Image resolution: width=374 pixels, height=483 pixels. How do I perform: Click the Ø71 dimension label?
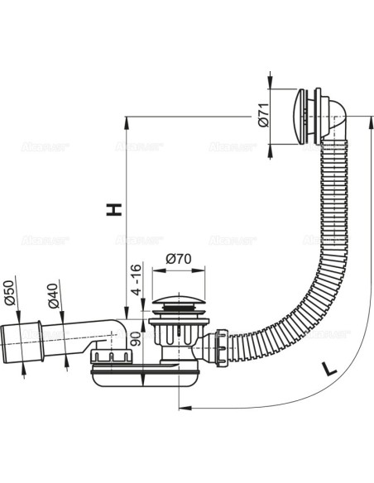point(261,113)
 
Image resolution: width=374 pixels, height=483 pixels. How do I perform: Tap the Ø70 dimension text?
point(180,259)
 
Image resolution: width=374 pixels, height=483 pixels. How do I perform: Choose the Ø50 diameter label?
point(11,292)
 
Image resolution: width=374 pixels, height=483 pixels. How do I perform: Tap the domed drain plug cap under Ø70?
point(179,299)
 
